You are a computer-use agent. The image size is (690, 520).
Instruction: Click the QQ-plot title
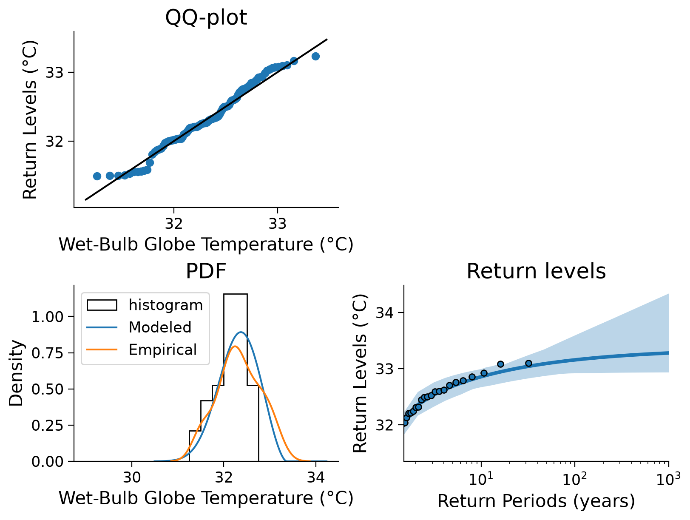click(206, 17)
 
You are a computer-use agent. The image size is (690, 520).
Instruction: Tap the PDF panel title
click(206, 271)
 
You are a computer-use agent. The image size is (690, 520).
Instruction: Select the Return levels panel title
click(536, 271)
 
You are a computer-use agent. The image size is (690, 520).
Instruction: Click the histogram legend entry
click(145, 305)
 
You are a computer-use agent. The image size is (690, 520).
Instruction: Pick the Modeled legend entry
click(139, 327)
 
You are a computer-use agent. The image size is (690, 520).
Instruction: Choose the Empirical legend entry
click(142, 350)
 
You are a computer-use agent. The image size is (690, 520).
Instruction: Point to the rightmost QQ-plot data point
click(315, 56)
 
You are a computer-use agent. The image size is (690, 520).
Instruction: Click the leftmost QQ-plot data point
click(97, 176)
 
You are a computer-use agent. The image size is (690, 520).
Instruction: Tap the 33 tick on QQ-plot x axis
click(277, 224)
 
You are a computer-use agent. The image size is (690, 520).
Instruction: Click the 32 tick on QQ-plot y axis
click(55, 142)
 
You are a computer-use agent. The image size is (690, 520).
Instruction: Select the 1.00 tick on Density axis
click(48, 317)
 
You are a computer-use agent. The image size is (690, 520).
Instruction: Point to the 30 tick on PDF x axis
click(132, 477)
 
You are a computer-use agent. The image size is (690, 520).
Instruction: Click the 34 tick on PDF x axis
click(315, 477)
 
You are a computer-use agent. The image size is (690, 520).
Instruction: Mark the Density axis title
click(16, 373)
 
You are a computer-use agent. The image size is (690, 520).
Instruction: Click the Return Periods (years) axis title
click(536, 501)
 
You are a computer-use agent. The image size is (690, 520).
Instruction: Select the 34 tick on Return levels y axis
click(384, 313)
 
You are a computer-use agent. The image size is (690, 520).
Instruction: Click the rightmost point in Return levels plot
click(528, 363)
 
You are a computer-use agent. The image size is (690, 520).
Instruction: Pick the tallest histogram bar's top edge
click(236, 294)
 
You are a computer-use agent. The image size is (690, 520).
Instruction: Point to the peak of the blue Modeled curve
click(241, 332)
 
